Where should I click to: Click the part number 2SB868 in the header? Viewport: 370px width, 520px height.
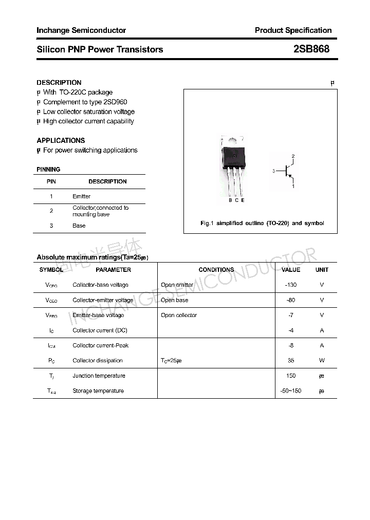coord(311,49)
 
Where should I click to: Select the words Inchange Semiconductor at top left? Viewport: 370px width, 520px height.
coord(81,30)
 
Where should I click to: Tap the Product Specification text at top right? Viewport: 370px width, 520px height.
coord(293,30)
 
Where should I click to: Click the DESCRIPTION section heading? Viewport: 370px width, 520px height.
coord(59,82)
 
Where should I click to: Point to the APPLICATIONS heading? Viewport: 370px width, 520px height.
coord(61,140)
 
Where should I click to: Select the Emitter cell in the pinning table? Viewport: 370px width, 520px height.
coord(81,196)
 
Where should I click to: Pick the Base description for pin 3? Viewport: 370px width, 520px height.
coord(79,226)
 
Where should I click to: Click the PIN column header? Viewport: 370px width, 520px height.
coord(51,181)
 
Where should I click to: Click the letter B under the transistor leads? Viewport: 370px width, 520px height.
coord(230,200)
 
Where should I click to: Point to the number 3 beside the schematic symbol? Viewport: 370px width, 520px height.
coord(274,171)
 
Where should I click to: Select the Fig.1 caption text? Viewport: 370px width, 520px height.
coord(262,224)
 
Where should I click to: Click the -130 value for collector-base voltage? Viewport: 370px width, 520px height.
coord(291,285)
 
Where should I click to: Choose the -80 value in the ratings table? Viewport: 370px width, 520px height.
coord(291,300)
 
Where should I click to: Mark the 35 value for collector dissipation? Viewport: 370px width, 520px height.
coord(291,361)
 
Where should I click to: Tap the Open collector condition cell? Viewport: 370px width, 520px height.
coord(179,315)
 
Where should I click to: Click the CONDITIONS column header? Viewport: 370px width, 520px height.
coord(216,270)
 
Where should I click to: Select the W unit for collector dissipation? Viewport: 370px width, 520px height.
coord(322,361)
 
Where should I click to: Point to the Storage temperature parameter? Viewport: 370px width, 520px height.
coord(98,391)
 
